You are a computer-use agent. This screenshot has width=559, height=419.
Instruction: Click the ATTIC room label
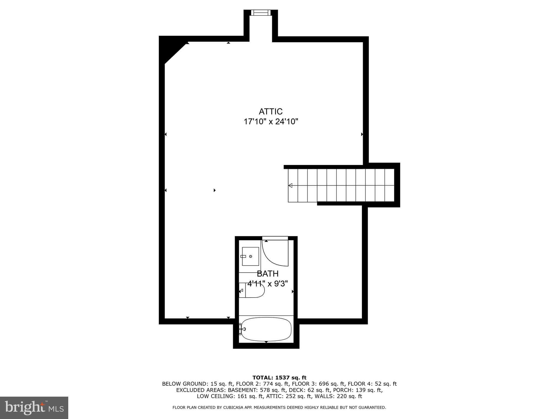point(270,112)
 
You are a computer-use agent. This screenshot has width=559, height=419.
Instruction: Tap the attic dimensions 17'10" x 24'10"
point(270,122)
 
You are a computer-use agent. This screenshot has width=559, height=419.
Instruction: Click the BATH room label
point(267,274)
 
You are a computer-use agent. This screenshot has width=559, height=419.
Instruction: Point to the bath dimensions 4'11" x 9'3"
point(267,284)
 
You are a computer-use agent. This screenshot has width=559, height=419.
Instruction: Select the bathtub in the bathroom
point(266,329)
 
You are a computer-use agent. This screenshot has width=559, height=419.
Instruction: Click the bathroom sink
point(250,256)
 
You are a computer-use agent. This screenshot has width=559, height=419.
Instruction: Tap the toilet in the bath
point(252,290)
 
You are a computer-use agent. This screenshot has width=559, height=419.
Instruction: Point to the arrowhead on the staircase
point(290,185)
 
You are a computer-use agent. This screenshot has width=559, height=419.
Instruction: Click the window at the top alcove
point(261,13)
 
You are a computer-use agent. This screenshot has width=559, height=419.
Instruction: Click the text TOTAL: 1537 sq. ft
point(279,378)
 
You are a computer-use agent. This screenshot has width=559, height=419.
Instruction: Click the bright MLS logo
point(34,408)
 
